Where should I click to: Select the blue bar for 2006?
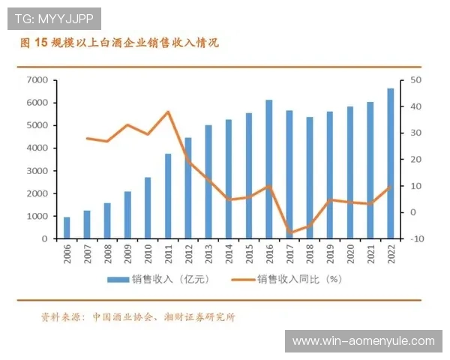[67, 228]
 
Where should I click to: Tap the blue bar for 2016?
[269, 169]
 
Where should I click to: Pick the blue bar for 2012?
[188, 188]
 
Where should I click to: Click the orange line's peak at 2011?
[168, 112]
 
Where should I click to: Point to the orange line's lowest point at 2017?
[289, 232]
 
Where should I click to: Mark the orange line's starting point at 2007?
[87, 138]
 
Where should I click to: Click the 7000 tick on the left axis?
[37, 79]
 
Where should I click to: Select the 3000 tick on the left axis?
[37, 171]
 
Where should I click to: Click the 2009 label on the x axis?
[127, 255]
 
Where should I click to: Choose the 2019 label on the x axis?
[330, 255]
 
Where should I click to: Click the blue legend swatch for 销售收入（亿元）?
[117, 280]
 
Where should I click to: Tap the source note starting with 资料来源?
[139, 316]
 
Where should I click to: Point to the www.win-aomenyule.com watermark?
[363, 341]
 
